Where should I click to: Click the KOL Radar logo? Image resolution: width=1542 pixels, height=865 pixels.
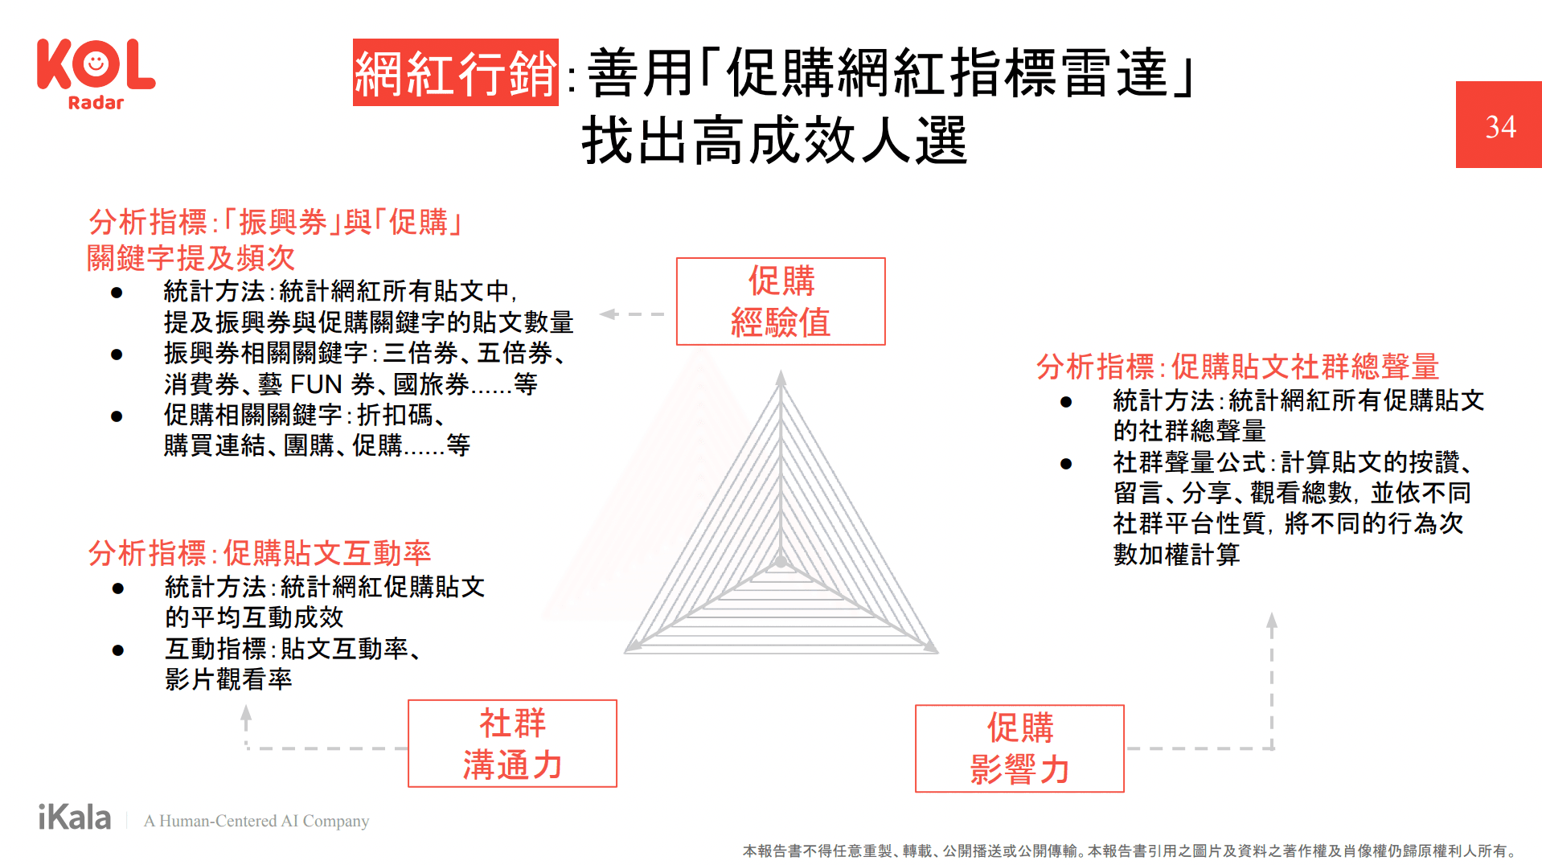coord(96,73)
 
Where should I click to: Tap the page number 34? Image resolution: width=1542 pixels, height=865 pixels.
coord(1499,126)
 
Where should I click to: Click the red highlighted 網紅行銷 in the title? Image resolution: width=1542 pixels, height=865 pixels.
coord(455,72)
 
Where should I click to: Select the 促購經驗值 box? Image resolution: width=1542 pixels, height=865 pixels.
coord(781,301)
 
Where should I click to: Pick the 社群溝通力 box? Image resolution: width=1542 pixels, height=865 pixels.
coord(512,744)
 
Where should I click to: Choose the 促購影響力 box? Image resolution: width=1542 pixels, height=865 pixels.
coord(1019,748)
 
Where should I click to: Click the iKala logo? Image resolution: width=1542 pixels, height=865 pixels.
coord(75,818)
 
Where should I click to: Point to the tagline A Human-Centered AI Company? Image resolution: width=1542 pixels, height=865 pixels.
coord(256,821)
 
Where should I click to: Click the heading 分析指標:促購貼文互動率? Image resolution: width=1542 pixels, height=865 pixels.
coord(260,553)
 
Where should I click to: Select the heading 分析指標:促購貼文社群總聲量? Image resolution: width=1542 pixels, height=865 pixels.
coord(1237,367)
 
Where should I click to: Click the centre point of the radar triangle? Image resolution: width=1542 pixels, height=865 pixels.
coord(781,562)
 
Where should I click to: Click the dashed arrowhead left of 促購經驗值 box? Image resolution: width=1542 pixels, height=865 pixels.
coord(609,314)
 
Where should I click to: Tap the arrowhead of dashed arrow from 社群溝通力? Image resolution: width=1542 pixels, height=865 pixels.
coord(246,712)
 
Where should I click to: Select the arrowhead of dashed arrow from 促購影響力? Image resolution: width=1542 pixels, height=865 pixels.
coord(1272,620)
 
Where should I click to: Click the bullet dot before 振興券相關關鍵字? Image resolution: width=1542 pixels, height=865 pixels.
coord(117,355)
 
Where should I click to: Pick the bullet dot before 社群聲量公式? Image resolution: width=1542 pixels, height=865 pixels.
coord(1066,464)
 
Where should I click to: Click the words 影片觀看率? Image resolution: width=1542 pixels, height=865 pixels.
coord(228,679)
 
